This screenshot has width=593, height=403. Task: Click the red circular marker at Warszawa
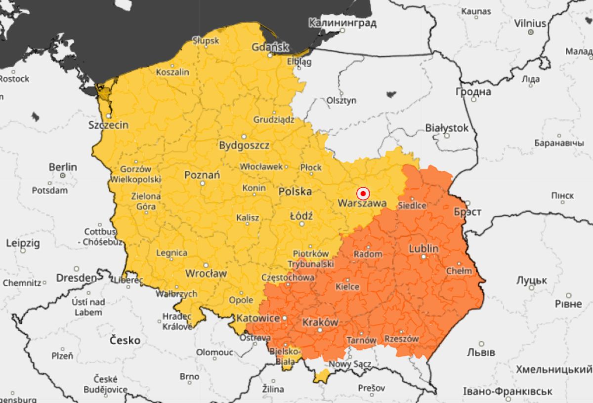[x=363, y=193]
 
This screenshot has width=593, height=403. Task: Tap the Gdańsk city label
[x=270, y=47]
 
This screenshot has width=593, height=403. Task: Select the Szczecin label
[x=108, y=125]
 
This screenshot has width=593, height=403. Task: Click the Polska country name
[x=295, y=192]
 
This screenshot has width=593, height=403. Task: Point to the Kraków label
[x=320, y=322]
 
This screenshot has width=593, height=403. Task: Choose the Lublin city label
[x=424, y=248]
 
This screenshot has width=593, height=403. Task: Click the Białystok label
[x=447, y=128]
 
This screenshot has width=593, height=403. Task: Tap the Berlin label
[x=63, y=167]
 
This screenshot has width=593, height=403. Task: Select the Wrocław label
[x=206, y=273]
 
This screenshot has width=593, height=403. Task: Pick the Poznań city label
[x=202, y=175]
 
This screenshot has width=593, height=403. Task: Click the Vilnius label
[x=530, y=23]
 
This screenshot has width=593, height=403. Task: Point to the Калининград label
[x=342, y=23]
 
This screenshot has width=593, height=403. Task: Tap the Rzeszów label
[x=401, y=339]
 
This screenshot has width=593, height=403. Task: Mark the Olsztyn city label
[x=341, y=100]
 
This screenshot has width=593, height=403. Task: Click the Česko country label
[x=125, y=340]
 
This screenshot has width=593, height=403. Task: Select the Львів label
[x=481, y=352]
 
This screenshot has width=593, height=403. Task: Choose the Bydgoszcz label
[x=244, y=145]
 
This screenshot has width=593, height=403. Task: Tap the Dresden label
[x=77, y=278]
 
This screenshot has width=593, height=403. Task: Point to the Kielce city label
[x=347, y=286]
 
